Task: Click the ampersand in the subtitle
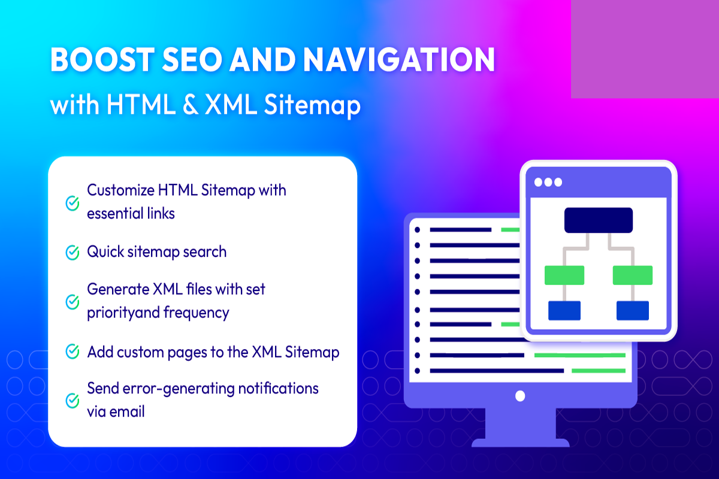186,105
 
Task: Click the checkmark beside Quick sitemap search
72,252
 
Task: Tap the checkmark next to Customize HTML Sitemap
72,202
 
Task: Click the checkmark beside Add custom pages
72,351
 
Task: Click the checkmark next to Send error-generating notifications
72,399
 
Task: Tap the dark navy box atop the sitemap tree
598,220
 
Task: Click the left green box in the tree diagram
564,275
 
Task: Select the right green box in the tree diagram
632,275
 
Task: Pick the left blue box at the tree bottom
564,310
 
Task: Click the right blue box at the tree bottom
632,310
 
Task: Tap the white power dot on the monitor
520,396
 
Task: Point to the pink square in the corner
644,48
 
